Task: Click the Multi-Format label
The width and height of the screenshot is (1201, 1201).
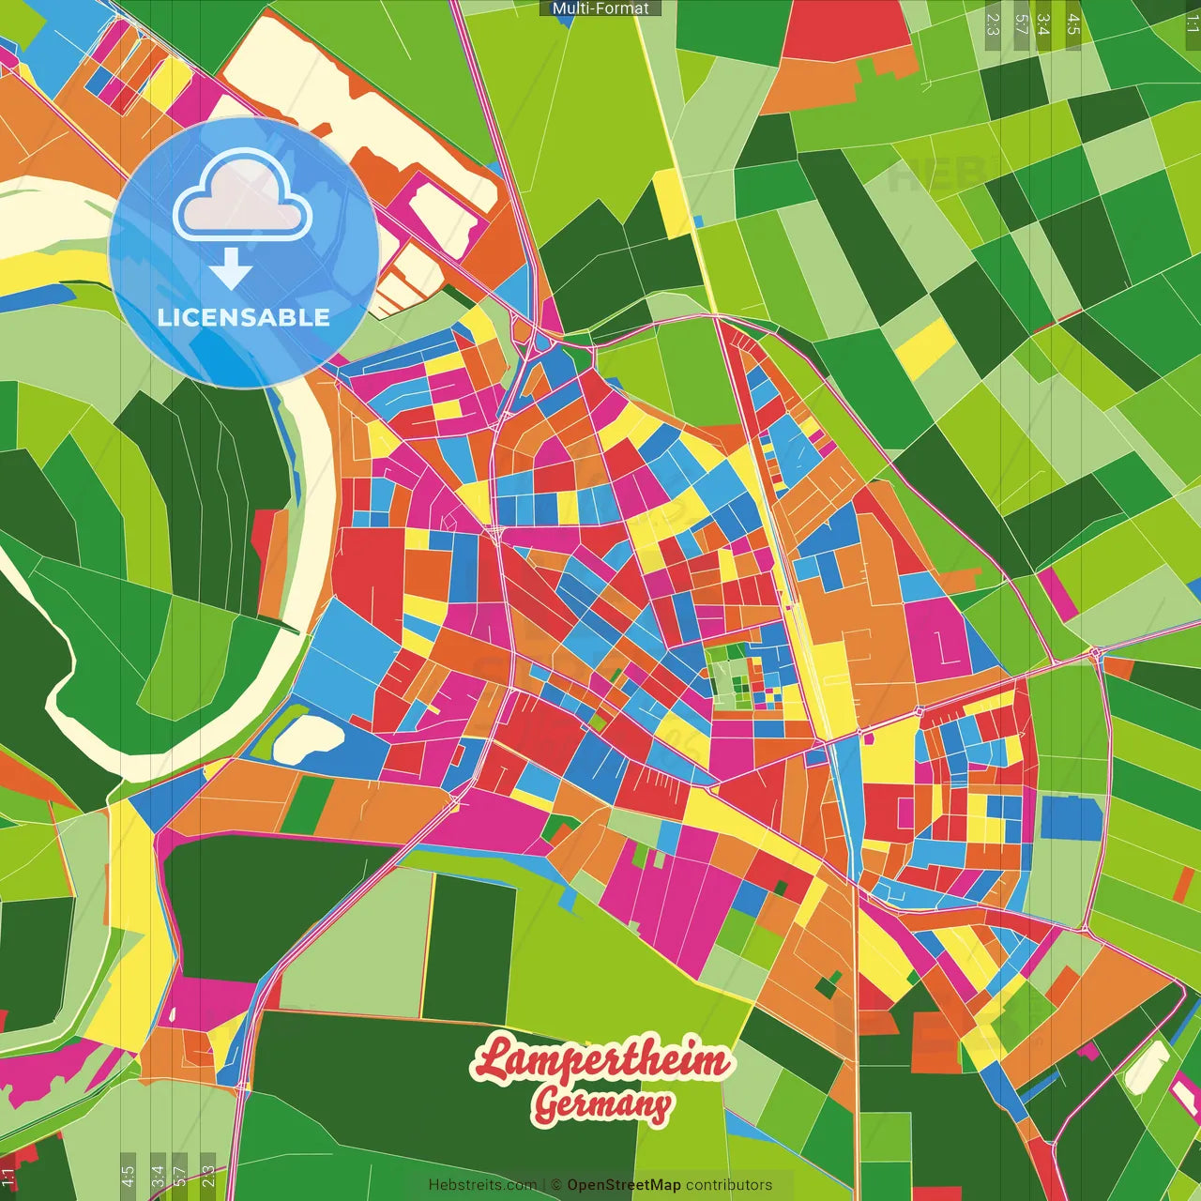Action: pos(600,8)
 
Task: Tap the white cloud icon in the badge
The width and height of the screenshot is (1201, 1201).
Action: pos(242,199)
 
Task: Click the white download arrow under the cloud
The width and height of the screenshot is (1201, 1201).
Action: pos(231,270)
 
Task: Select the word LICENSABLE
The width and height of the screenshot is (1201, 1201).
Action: pos(244,317)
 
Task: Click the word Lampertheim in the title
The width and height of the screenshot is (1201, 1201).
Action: pos(600,1059)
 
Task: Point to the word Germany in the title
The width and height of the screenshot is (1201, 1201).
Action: pos(602,1104)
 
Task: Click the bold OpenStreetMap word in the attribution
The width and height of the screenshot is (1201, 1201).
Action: pos(624,1185)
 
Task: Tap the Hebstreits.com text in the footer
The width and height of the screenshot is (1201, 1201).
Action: pos(482,1185)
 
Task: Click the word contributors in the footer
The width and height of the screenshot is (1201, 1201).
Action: pos(729,1185)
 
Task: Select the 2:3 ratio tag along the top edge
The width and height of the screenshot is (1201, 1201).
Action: pos(992,24)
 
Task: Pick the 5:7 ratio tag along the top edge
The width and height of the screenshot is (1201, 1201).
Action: pos(1021,24)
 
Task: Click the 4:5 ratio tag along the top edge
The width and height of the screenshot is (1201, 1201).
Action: pos(1073,24)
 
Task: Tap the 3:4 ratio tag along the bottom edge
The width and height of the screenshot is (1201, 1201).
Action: pos(157,1175)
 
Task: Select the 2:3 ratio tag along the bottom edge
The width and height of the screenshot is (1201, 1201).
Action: pos(208,1175)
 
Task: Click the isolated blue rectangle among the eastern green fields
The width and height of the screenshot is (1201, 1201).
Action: pos(1071,817)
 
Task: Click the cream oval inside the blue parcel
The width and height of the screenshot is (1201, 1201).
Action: pos(308,738)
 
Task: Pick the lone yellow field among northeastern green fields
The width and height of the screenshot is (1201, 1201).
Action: pos(924,347)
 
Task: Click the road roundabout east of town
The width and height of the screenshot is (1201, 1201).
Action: pos(1095,651)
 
